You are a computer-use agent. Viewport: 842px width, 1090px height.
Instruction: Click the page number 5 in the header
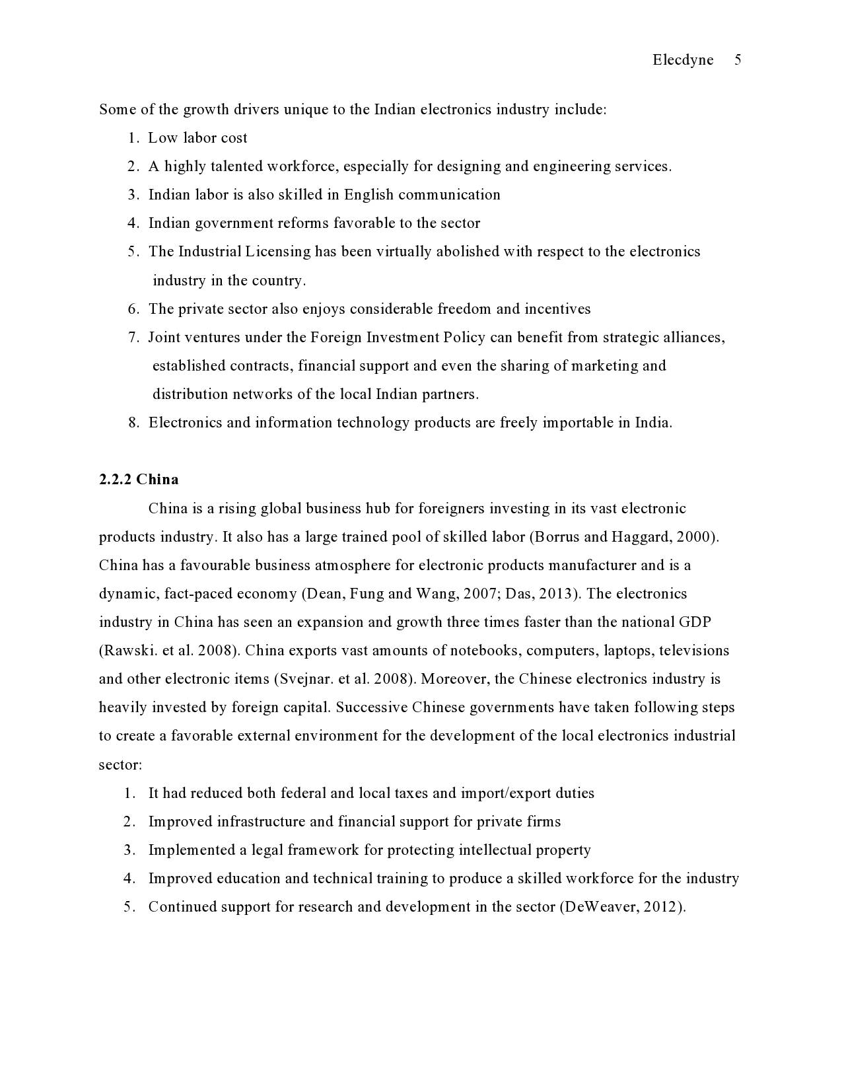pyautogui.click(x=738, y=60)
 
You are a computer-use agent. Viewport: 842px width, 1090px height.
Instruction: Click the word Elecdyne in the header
pyautogui.click(x=683, y=60)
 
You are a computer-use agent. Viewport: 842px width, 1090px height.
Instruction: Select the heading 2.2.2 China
pyautogui.click(x=139, y=480)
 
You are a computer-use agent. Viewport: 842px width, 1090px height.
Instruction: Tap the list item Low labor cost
pyautogui.click(x=197, y=138)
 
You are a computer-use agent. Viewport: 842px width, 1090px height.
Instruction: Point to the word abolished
pyautogui.click(x=457, y=252)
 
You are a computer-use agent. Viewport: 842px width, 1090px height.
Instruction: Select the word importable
pyautogui.click(x=578, y=423)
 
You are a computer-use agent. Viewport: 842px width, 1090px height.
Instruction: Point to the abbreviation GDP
pyautogui.click(x=695, y=622)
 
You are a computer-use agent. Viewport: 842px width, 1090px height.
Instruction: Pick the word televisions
pyautogui.click(x=693, y=651)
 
